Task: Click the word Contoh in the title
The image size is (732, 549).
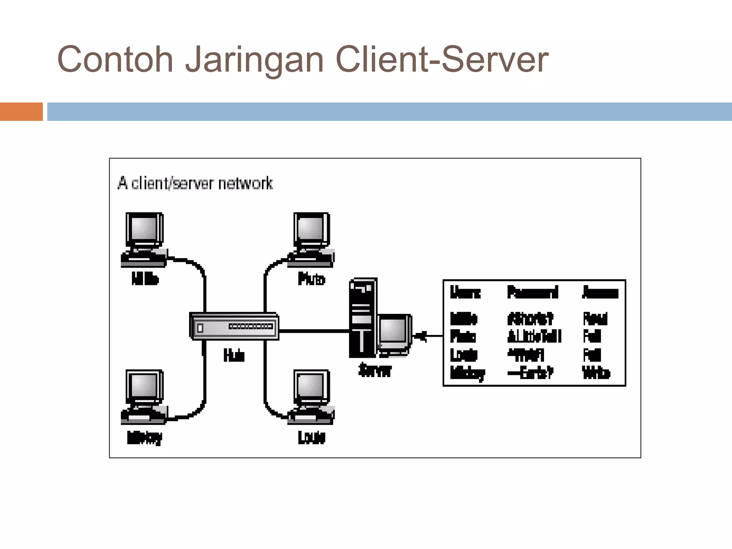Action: [x=115, y=59]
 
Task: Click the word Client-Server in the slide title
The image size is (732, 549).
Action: [x=442, y=59]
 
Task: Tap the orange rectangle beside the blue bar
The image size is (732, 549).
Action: [x=21, y=112]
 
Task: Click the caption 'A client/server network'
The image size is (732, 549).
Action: [x=195, y=183]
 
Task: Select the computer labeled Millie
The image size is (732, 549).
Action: [x=144, y=239]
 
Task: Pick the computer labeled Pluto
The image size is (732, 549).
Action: [x=311, y=239]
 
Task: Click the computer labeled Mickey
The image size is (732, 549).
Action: [x=144, y=397]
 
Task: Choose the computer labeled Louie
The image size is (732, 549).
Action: [x=311, y=397]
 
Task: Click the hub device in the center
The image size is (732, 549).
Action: [x=234, y=326]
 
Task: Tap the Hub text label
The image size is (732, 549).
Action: [x=234, y=355]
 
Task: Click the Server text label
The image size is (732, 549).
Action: [x=375, y=370]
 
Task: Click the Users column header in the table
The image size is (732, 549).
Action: [x=465, y=292]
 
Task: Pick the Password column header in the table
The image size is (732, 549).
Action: [x=533, y=292]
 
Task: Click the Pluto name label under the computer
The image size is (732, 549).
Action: [x=311, y=279]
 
